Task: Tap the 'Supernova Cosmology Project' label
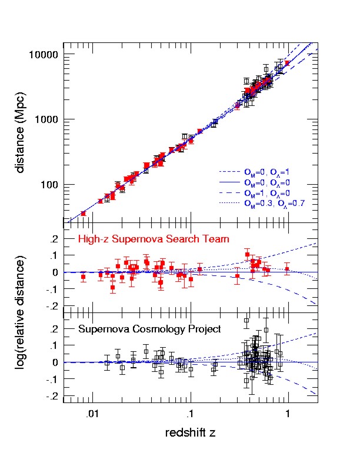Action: point(149,329)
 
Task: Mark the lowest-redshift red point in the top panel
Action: point(83,213)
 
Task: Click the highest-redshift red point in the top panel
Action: point(287,63)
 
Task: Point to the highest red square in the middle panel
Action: point(248,255)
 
